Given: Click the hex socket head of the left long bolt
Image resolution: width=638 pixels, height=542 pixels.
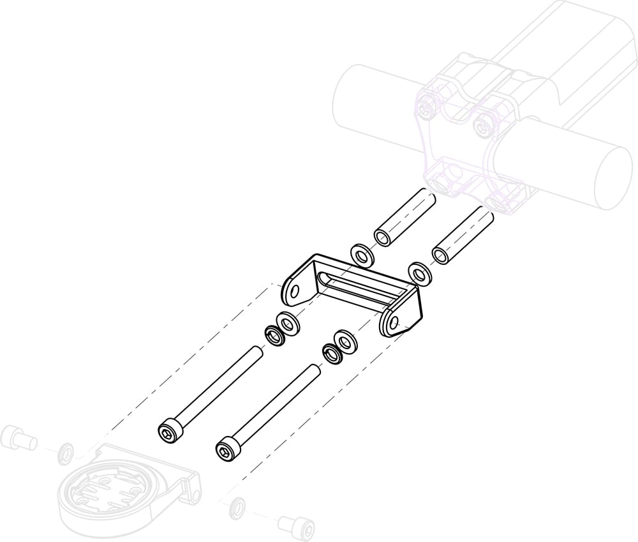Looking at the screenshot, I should pyautogui.click(x=168, y=431).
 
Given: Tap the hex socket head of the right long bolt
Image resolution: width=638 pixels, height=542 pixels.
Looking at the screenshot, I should pyautogui.click(x=226, y=449).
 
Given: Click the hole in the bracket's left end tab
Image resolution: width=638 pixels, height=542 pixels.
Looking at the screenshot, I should pyautogui.click(x=294, y=291).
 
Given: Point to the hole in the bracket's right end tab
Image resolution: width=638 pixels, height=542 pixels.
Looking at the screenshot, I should pyautogui.click(x=393, y=321).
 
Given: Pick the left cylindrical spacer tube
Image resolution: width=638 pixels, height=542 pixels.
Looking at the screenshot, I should pyautogui.click(x=404, y=218).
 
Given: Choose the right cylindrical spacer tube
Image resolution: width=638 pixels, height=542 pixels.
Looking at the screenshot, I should pyautogui.click(x=464, y=234).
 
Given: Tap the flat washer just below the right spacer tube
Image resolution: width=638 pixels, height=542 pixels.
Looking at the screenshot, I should pyautogui.click(x=420, y=274).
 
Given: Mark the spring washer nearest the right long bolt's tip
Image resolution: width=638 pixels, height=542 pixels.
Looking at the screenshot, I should pyautogui.click(x=332, y=352).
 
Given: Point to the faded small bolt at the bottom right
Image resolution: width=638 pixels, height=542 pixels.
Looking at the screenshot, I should pyautogui.click(x=297, y=526).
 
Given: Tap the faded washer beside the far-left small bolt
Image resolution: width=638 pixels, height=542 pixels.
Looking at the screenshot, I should pyautogui.click(x=65, y=454).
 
